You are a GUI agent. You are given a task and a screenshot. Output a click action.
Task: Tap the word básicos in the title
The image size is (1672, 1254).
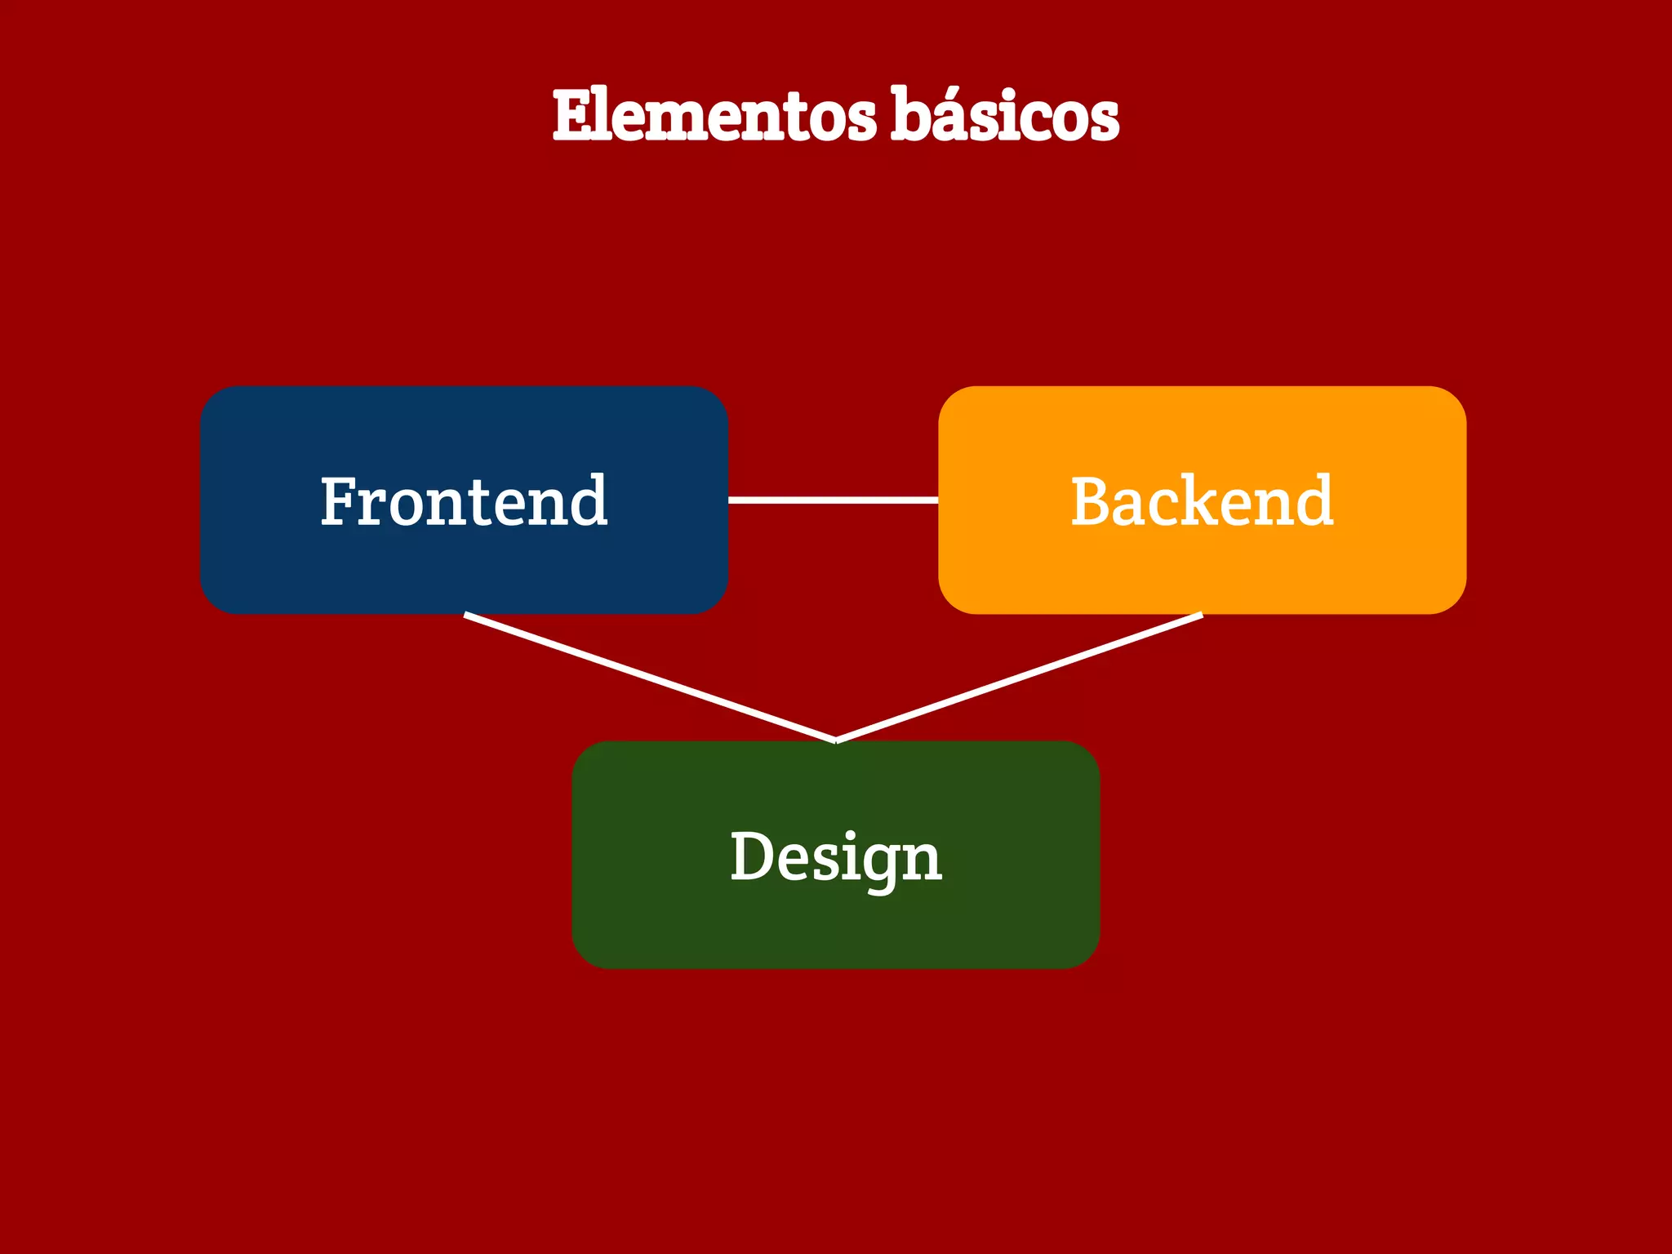tap(1004, 116)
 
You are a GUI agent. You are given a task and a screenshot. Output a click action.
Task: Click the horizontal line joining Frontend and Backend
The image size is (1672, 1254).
tap(833, 500)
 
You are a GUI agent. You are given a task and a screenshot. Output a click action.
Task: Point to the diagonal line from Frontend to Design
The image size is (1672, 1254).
tap(649, 677)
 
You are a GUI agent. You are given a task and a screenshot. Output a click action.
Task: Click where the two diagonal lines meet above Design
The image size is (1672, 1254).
tap(835, 740)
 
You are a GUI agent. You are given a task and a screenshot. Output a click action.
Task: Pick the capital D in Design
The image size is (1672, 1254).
tap(749, 856)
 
